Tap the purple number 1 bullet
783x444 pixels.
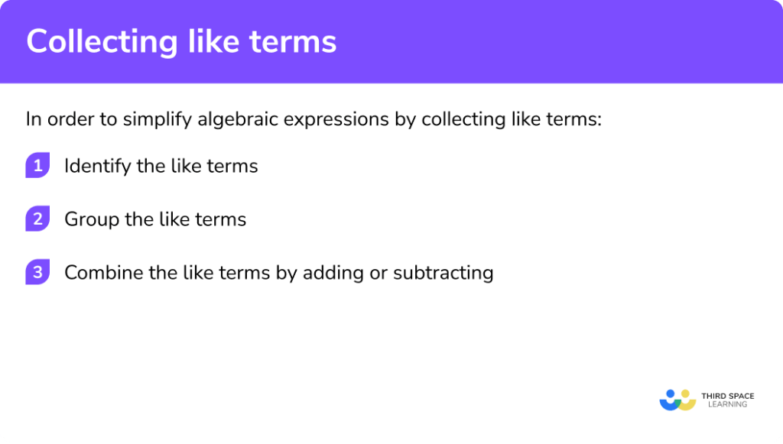tap(37, 165)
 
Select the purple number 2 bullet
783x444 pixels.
tap(37, 219)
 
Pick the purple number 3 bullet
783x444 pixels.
tap(37, 273)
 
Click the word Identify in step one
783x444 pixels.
tap(97, 166)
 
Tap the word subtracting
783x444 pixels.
tap(443, 273)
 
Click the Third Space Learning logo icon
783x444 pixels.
tap(677, 400)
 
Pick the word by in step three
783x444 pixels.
tap(284, 273)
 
